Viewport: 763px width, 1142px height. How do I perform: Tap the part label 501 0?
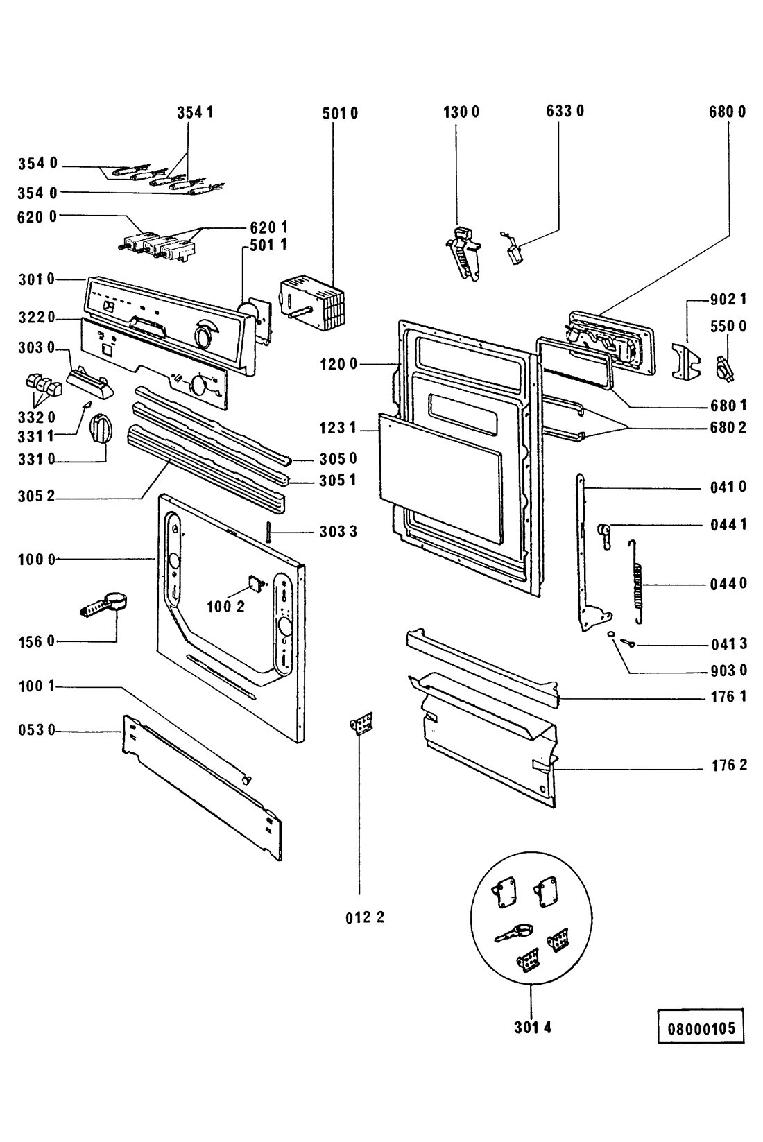[340, 114]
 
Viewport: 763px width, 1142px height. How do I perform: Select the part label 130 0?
[461, 112]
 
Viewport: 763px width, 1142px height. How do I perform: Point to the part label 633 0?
[565, 111]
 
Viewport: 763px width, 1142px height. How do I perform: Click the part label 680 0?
[728, 112]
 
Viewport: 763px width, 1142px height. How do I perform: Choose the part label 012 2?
[365, 917]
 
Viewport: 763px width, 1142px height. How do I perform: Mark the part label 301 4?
[533, 1028]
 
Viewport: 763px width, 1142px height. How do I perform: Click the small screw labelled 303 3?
[267, 532]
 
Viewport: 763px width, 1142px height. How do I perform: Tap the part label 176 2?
[728, 766]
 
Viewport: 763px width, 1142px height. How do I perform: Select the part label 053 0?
[37, 729]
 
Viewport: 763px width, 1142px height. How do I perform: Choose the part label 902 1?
[728, 300]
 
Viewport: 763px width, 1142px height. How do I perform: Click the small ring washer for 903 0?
[609, 634]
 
